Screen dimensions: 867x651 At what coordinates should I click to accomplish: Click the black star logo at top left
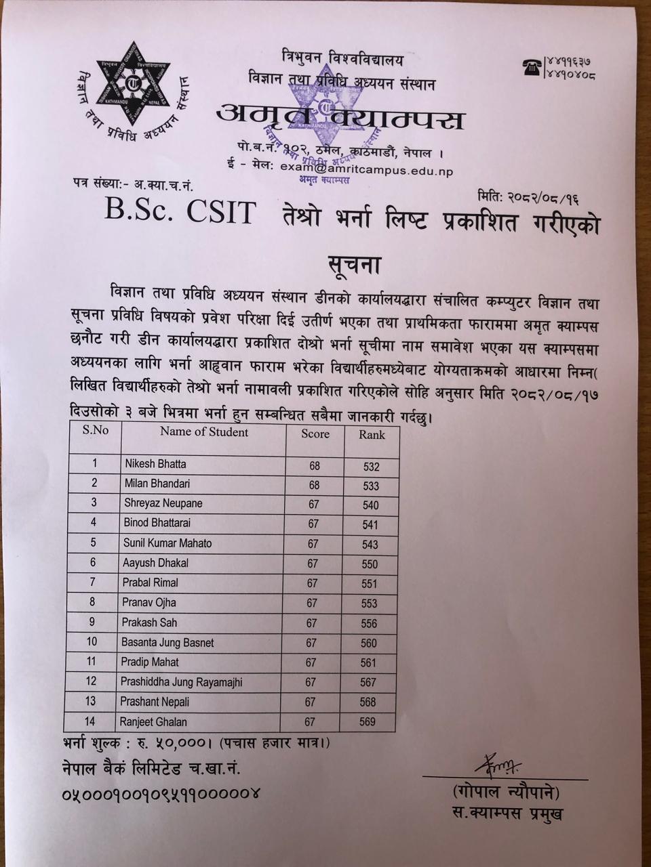point(133,85)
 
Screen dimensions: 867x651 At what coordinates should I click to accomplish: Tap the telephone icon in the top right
point(531,66)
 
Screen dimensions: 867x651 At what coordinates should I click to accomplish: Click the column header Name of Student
point(204,432)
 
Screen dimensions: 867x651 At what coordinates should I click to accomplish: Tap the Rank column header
point(372,435)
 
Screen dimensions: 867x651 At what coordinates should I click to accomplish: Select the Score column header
point(315,434)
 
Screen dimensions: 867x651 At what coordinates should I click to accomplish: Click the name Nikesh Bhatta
point(155,464)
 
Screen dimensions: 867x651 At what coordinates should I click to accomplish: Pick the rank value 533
point(370,486)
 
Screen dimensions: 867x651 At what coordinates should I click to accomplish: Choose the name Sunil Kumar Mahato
point(167,543)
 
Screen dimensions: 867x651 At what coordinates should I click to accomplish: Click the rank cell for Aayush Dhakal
point(370,564)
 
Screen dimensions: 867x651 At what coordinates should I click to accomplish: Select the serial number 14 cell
point(90,721)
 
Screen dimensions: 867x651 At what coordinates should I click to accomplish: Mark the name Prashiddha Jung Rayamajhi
point(181,682)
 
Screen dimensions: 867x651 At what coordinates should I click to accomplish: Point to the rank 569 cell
point(368,722)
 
